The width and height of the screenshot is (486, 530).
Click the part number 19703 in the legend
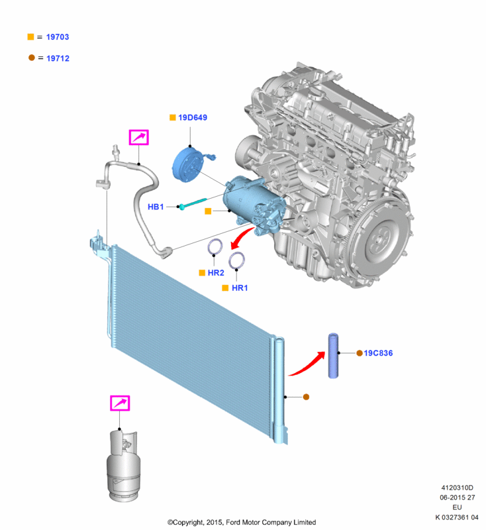pos(57,38)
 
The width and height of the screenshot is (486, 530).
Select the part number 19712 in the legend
pos(57,58)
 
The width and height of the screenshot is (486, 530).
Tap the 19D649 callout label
pos(193,118)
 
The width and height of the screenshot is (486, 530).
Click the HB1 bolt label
pos(156,207)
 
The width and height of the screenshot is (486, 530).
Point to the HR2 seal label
pos(217,272)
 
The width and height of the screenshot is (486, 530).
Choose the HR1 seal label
pos(239,288)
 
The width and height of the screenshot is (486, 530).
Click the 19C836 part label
pos(379,353)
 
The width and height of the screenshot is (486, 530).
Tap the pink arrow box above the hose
pos(138,137)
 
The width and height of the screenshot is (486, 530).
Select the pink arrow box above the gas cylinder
pos(120,403)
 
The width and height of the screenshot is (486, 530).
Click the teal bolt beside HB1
pos(193,203)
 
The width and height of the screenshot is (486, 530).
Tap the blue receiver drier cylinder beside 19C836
pos(336,356)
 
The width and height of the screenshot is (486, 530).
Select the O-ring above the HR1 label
pos(237,260)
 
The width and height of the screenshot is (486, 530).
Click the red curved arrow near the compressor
pos(242,235)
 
